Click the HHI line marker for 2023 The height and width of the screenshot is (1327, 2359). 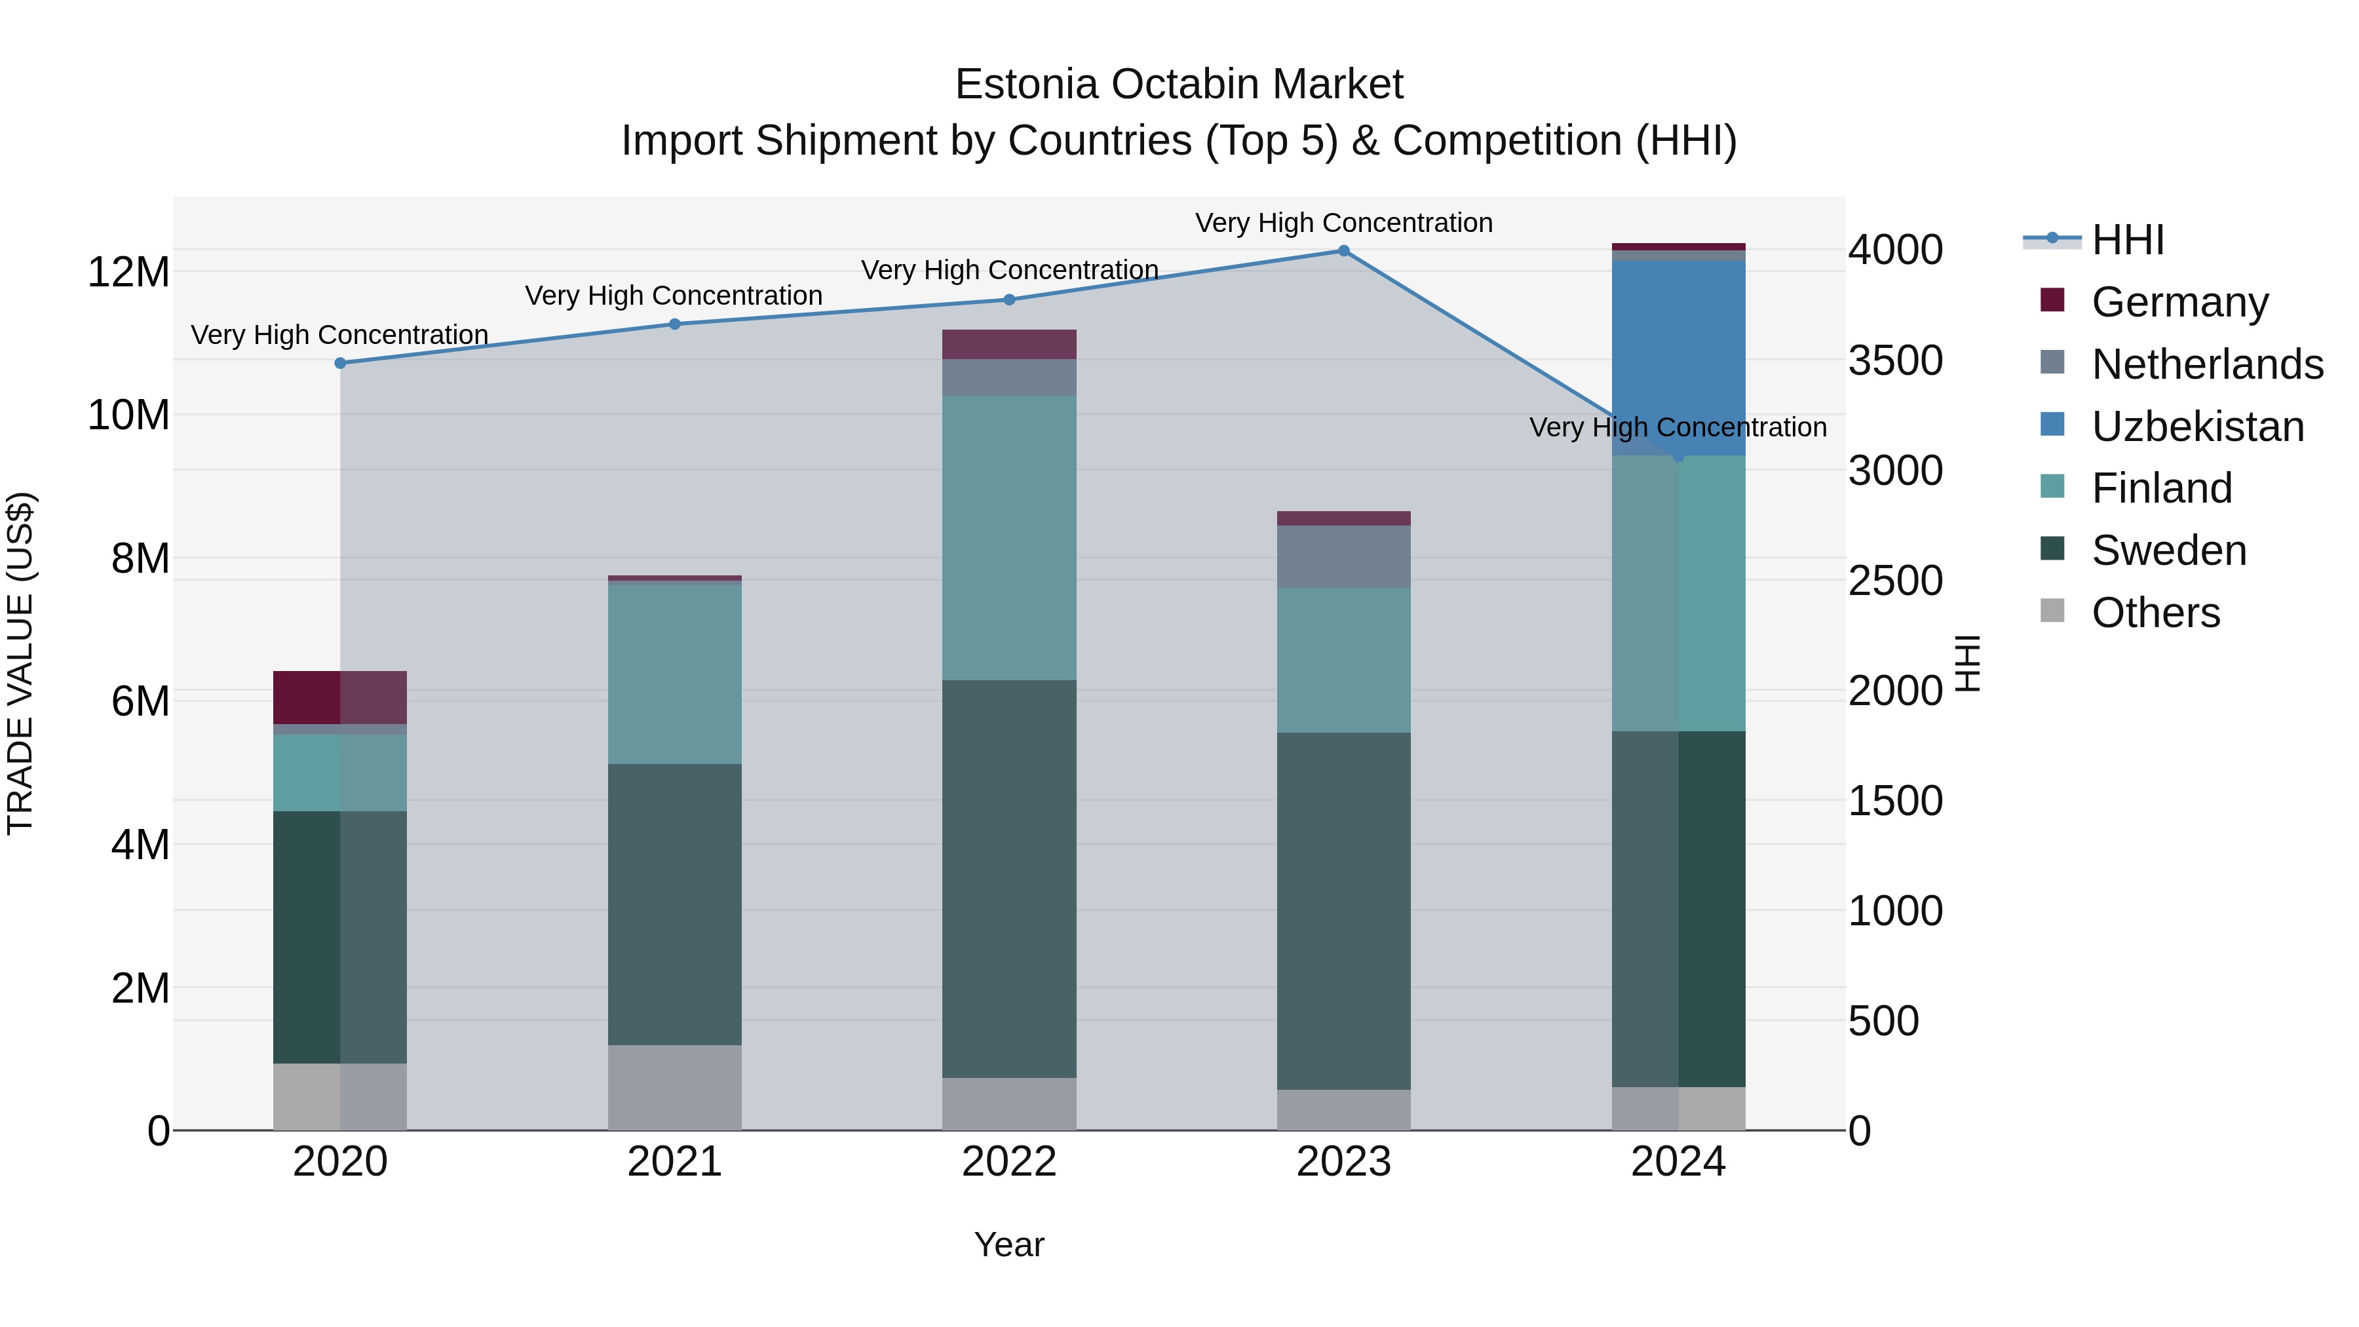click(x=1343, y=251)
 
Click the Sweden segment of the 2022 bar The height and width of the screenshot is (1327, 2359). click(x=1009, y=879)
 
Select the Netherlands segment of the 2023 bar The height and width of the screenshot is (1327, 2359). click(x=1343, y=557)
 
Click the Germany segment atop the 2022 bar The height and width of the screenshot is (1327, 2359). click(x=1009, y=344)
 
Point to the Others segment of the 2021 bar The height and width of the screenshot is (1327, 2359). click(x=675, y=1087)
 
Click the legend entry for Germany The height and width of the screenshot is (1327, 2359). click(x=2179, y=302)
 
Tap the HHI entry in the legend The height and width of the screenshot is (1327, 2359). click(x=2126, y=240)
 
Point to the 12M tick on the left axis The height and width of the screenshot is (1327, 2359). click(x=128, y=272)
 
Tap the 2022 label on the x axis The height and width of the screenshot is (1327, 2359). click(x=1009, y=1162)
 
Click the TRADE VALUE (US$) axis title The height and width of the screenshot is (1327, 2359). click(x=20, y=663)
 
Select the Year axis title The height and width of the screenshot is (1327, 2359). click(x=1009, y=1244)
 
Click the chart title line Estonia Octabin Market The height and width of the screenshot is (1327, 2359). click(x=1179, y=85)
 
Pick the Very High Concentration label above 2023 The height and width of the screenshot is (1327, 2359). click(x=1343, y=223)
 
